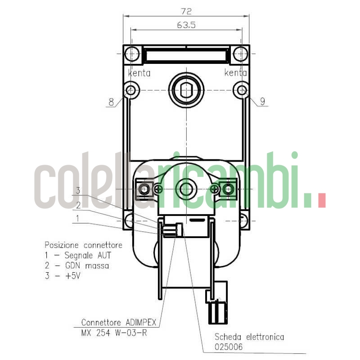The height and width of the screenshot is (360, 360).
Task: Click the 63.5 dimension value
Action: pos(186,25)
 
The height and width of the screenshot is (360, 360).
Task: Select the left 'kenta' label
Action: pos(139,73)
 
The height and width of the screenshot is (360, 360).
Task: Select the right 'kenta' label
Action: pos(235,73)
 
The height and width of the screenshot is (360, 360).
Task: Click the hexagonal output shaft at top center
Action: pos(186,90)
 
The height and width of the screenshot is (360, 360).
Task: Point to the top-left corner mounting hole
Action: pos(131,54)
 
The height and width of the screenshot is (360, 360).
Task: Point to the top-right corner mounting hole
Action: pos(242,54)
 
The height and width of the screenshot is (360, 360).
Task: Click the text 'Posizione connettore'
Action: pos(83,245)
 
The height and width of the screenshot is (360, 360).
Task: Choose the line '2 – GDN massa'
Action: pos(76,265)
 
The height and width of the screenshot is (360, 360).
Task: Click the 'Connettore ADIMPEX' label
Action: pos(118,322)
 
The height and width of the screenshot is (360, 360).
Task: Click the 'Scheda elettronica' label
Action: pos(249,337)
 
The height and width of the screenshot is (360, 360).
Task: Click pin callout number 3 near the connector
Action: pos(78,191)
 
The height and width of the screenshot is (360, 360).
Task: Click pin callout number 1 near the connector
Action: pos(78,218)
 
